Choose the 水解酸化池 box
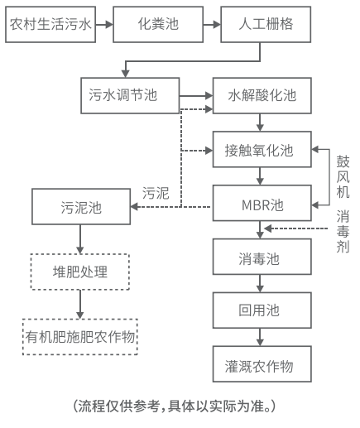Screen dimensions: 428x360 (262, 94)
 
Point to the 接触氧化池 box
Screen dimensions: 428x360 (262, 151)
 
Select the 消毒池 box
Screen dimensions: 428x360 (262, 259)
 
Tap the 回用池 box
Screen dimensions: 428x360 (262, 310)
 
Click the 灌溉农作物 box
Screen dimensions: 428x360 (262, 365)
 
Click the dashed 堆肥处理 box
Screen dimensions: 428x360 (80, 271)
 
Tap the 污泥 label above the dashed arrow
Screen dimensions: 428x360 (156, 193)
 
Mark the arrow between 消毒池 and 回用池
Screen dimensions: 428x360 (262, 285)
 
